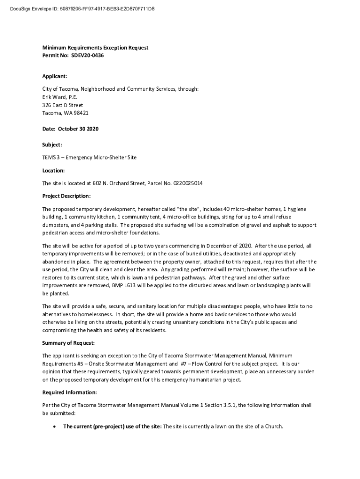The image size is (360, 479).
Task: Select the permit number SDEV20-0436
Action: pos(87,56)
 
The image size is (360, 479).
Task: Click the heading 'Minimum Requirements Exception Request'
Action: pos(95,48)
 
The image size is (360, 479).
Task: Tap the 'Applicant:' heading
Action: pos(55,76)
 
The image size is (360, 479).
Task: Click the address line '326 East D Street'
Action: pos(63,105)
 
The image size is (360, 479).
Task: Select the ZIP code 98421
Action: pos(81,113)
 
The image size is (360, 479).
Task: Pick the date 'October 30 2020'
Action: pos(79,129)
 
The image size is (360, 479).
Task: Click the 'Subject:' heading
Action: pos(52,145)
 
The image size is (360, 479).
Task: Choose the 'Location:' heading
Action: pos(53,171)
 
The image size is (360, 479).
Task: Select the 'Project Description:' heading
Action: pos(66,196)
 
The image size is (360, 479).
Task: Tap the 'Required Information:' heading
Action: pos(70,392)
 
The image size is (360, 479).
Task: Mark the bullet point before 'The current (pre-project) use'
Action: pos(55,427)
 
